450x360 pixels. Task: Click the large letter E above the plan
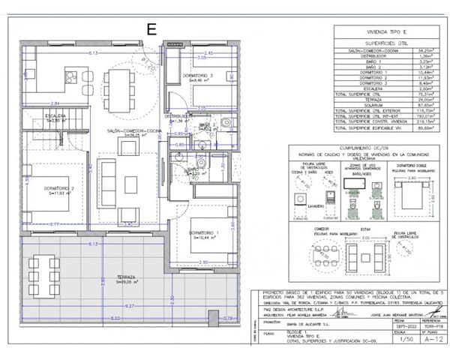pyautogui.click(x=152, y=30)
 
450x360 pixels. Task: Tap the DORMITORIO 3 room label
pyautogui.click(x=200, y=76)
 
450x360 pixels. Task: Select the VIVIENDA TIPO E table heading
pyautogui.click(x=384, y=34)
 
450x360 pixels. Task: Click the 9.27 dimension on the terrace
pyautogui.click(x=130, y=306)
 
